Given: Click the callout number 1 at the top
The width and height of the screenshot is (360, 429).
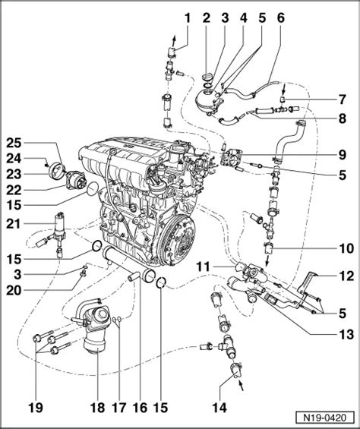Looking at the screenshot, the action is pos(188,18).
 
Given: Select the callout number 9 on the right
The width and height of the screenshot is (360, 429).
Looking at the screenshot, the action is pos(342,155).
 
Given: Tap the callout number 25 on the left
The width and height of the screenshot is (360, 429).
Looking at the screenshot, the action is pos(14,144).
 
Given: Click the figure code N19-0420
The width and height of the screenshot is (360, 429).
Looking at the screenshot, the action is pos(324,418).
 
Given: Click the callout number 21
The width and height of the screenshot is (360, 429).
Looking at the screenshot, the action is pos(14,224).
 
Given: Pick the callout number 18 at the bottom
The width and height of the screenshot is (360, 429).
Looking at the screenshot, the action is pos(97,408).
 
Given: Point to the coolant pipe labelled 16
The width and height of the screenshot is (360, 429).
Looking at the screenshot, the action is pos(128,264).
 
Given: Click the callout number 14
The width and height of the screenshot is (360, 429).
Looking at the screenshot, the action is pos(219,408).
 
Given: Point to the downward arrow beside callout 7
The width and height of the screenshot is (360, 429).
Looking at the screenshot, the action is pos(284,89).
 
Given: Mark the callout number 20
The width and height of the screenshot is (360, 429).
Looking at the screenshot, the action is pos(14,291).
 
